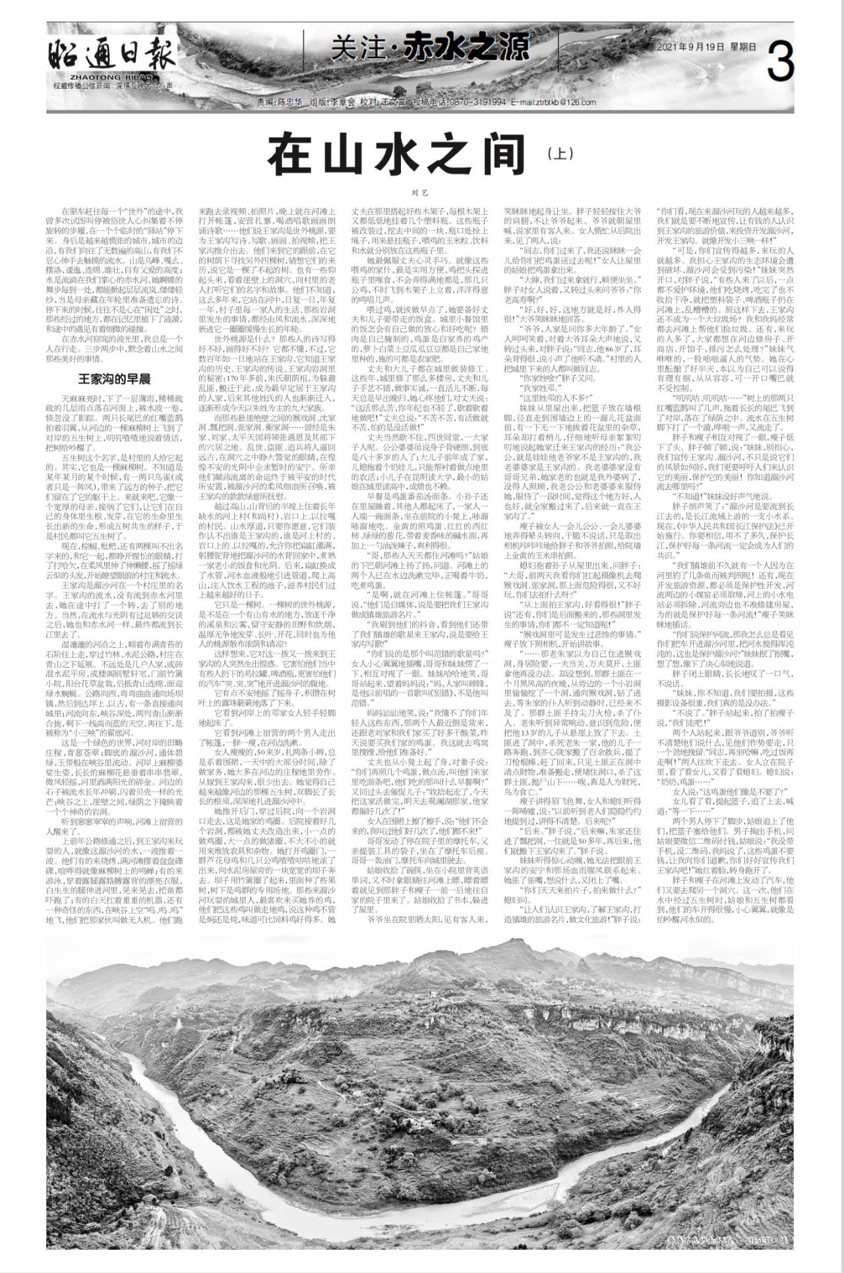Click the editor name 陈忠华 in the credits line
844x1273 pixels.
click(289, 103)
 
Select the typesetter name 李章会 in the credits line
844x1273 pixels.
click(344, 103)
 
